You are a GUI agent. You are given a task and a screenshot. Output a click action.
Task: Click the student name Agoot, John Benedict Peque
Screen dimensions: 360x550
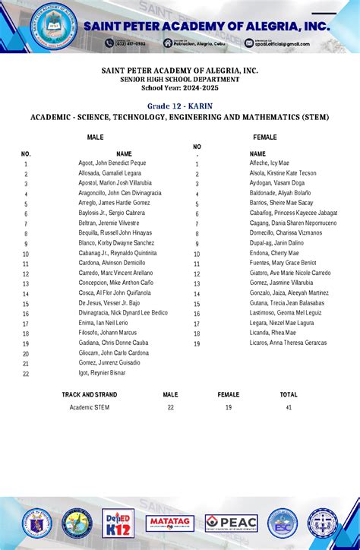[112, 163]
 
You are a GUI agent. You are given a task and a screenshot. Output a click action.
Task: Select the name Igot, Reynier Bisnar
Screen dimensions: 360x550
[102, 373]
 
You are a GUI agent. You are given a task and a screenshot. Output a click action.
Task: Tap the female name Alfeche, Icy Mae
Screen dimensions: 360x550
[269, 163]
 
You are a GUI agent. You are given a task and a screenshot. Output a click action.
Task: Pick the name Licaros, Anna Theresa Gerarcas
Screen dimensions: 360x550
[288, 343]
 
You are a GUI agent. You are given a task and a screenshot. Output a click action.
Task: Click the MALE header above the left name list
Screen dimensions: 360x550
[96, 137]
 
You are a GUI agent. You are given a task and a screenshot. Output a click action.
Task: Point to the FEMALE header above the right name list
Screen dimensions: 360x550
[264, 137]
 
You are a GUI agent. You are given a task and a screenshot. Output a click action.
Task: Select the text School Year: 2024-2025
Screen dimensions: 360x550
[180, 89]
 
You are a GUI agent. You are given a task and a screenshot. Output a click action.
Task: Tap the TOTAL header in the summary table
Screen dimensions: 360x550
[289, 395]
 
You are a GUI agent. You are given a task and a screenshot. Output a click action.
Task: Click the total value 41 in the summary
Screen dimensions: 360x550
[289, 408]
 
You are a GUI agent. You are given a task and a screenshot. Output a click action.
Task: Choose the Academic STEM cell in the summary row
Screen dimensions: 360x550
[90, 408]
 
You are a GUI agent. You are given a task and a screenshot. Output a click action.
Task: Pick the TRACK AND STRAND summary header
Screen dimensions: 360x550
[90, 395]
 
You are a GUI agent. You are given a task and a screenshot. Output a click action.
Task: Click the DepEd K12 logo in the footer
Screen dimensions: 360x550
[118, 523]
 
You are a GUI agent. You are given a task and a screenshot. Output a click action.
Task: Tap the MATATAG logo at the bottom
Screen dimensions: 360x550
[170, 523]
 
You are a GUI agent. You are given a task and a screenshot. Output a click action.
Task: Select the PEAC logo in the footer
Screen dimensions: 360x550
[231, 523]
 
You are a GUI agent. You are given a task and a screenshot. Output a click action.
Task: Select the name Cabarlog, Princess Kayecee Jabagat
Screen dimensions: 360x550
[293, 213]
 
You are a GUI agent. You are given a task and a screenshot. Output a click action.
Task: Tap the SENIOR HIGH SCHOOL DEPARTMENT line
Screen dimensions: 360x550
[180, 80]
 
